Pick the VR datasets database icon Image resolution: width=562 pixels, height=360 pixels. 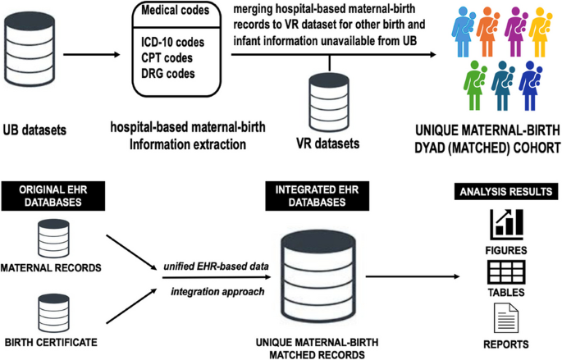coord(330,99)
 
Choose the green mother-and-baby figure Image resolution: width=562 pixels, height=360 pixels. coord(474,85)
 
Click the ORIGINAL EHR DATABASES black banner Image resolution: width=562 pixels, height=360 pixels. coord(57,196)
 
